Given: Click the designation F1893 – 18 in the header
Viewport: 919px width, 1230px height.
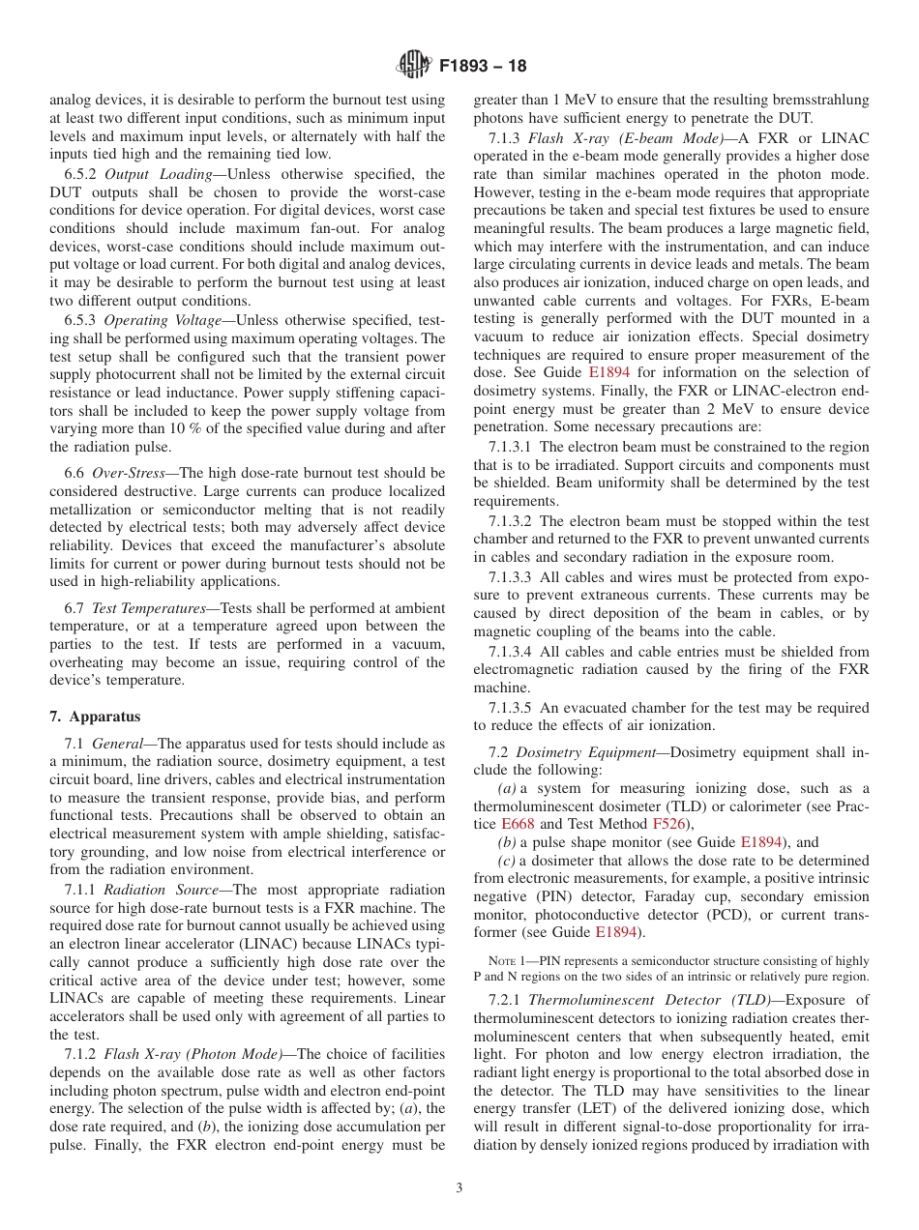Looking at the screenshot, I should pos(484,68).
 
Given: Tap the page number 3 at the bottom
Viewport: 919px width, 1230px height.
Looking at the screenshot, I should pos(459,1188).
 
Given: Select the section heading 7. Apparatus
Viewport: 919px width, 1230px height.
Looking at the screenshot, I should pos(95,717).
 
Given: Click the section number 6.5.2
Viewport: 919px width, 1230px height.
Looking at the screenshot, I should pos(80,174).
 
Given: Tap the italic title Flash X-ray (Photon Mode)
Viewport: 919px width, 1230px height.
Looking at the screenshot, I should pos(193,1053).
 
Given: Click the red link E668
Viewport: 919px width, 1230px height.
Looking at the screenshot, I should pos(550,824).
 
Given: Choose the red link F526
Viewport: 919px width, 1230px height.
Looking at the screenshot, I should pos(667,824).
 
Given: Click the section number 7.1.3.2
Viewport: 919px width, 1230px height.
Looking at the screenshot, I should pos(510,521).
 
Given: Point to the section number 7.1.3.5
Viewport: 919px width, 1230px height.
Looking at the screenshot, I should pos(510,708).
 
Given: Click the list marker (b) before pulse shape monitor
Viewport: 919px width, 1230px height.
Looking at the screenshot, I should pos(507,842).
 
